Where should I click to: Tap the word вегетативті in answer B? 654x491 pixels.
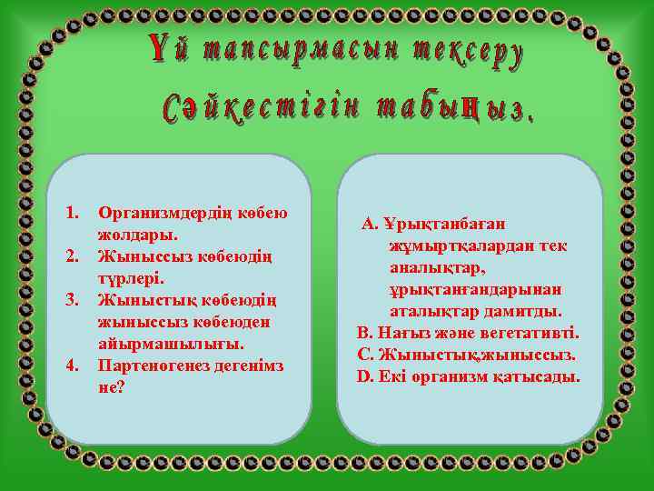pyautogui.click(x=534, y=333)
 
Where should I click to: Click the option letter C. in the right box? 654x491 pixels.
pyautogui.click(x=366, y=355)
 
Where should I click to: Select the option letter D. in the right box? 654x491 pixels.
pyautogui.click(x=366, y=376)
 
